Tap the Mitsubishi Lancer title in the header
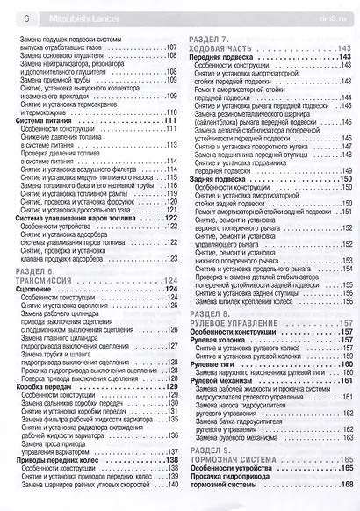click(72, 17)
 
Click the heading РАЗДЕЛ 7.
click(209, 40)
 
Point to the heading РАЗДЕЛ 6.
click(36, 270)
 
